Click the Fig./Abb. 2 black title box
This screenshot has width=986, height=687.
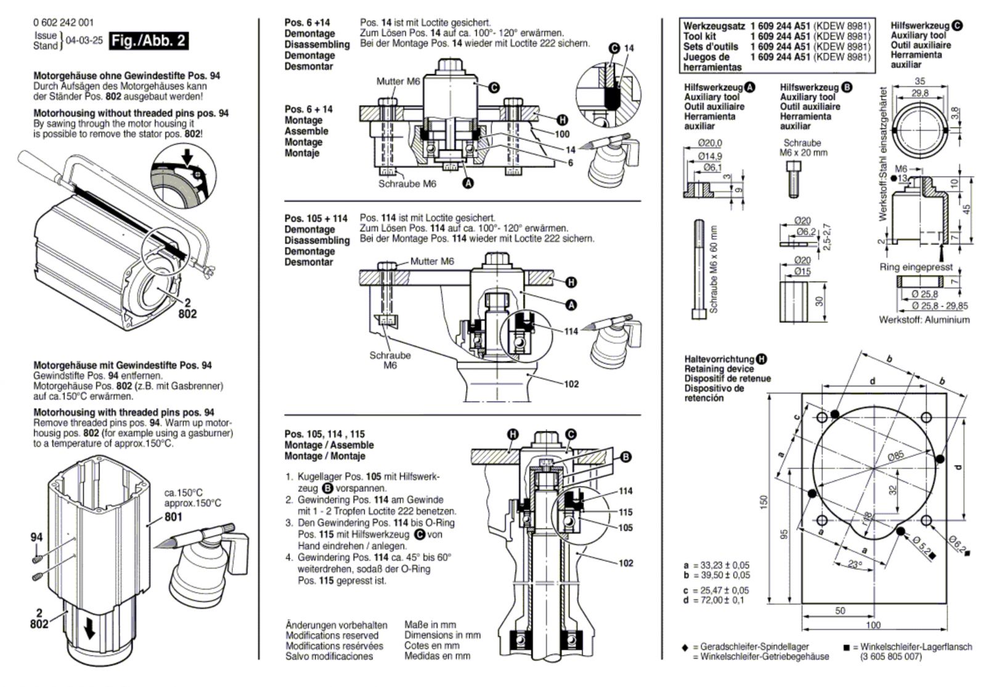tap(149, 41)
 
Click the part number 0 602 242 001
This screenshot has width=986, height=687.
tap(63, 22)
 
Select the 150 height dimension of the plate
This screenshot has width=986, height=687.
tap(764, 503)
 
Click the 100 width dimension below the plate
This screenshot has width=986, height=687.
tap(873, 625)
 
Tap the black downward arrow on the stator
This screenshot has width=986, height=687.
tap(90, 631)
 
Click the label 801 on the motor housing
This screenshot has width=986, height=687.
tap(173, 517)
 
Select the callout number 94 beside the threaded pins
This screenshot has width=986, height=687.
tap(36, 537)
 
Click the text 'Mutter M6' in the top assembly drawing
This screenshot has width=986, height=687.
tap(398, 81)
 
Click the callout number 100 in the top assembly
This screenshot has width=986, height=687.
tap(562, 134)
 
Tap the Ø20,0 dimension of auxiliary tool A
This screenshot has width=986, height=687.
tap(709, 143)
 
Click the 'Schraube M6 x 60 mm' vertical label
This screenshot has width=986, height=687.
tap(714, 269)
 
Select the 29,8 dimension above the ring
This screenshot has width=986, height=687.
tap(920, 93)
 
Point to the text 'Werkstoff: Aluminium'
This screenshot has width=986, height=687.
tap(924, 319)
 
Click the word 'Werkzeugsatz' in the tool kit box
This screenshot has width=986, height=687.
tap(714, 27)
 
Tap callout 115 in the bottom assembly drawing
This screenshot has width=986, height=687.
tap(625, 512)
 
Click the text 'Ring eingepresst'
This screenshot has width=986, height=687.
tap(916, 267)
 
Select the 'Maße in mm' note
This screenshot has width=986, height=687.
tap(430, 625)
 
